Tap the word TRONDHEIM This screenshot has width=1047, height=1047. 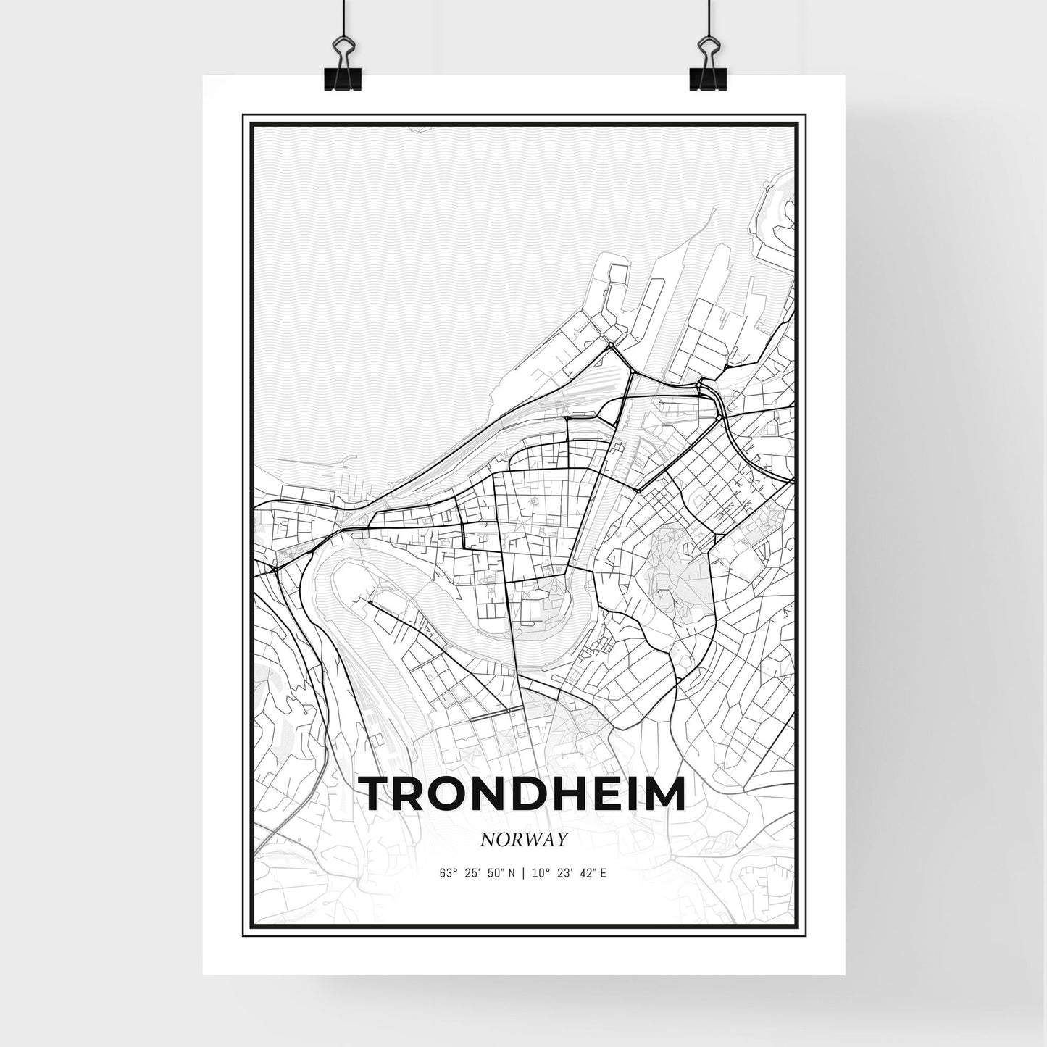523,794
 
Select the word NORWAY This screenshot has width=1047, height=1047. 522,839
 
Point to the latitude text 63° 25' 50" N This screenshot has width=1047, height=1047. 477,873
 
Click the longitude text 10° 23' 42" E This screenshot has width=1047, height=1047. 570,873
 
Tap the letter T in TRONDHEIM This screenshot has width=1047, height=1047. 377,794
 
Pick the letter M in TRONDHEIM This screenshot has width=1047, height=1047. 663,794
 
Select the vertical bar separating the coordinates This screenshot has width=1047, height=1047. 524,873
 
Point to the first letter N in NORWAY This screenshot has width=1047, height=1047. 488,839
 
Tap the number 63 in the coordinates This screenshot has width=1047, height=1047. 444,873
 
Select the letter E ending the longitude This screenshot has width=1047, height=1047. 604,873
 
